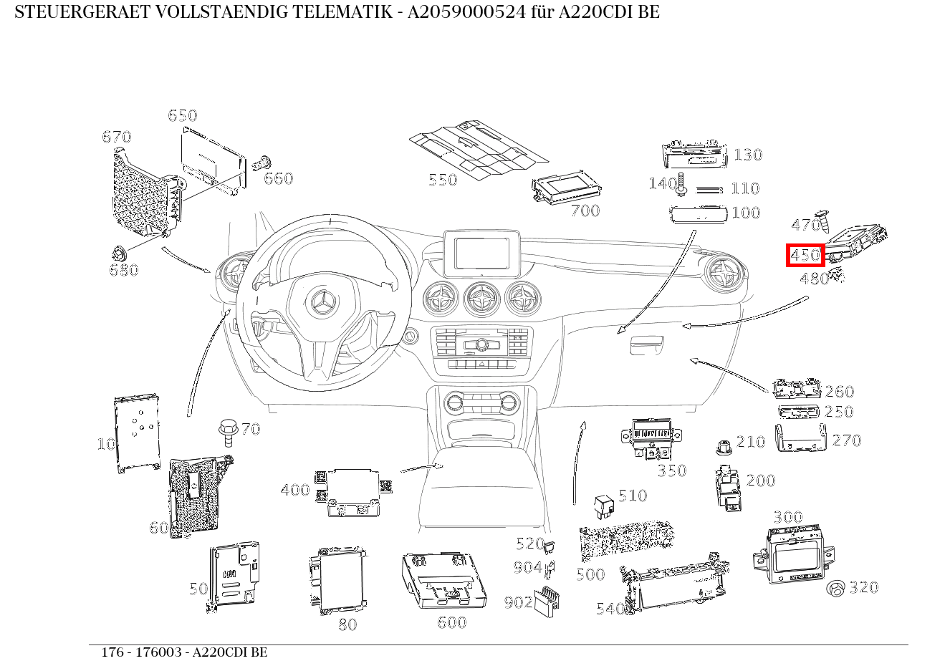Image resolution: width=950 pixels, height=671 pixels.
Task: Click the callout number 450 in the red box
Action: pyautogui.click(x=805, y=255)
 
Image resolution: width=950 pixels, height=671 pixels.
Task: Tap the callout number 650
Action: pyautogui.click(x=183, y=115)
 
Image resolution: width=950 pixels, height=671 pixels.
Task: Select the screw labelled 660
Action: pyautogui.click(x=262, y=163)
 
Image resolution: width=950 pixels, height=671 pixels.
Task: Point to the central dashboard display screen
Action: pyautogui.click(x=481, y=253)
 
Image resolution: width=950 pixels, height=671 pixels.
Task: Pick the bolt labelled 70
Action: pyautogui.click(x=228, y=433)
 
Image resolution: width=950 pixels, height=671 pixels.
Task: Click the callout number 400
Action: pyautogui.click(x=295, y=490)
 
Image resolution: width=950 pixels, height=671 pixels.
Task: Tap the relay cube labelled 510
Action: pyautogui.click(x=604, y=507)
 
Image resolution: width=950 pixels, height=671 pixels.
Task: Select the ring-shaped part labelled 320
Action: pyautogui.click(x=835, y=589)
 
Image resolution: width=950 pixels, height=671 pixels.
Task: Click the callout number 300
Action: pyautogui.click(x=788, y=517)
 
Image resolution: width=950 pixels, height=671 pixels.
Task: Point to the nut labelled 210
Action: pyautogui.click(x=724, y=448)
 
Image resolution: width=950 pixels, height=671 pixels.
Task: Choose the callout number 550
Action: pyautogui.click(x=443, y=180)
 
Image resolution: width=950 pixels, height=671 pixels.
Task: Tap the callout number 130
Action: pyautogui.click(x=748, y=155)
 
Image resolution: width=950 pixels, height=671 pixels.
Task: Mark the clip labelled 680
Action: pyautogui.click(x=119, y=254)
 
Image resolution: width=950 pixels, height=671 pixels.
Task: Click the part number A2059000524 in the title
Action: pyautogui.click(x=466, y=12)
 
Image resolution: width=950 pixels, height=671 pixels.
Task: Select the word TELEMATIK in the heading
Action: pyautogui.click(x=342, y=12)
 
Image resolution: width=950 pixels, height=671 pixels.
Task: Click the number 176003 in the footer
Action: pyautogui.click(x=158, y=652)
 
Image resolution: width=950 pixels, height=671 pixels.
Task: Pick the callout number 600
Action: pyautogui.click(x=451, y=622)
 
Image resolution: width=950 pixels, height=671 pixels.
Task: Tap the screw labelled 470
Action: pyautogui.click(x=823, y=222)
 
